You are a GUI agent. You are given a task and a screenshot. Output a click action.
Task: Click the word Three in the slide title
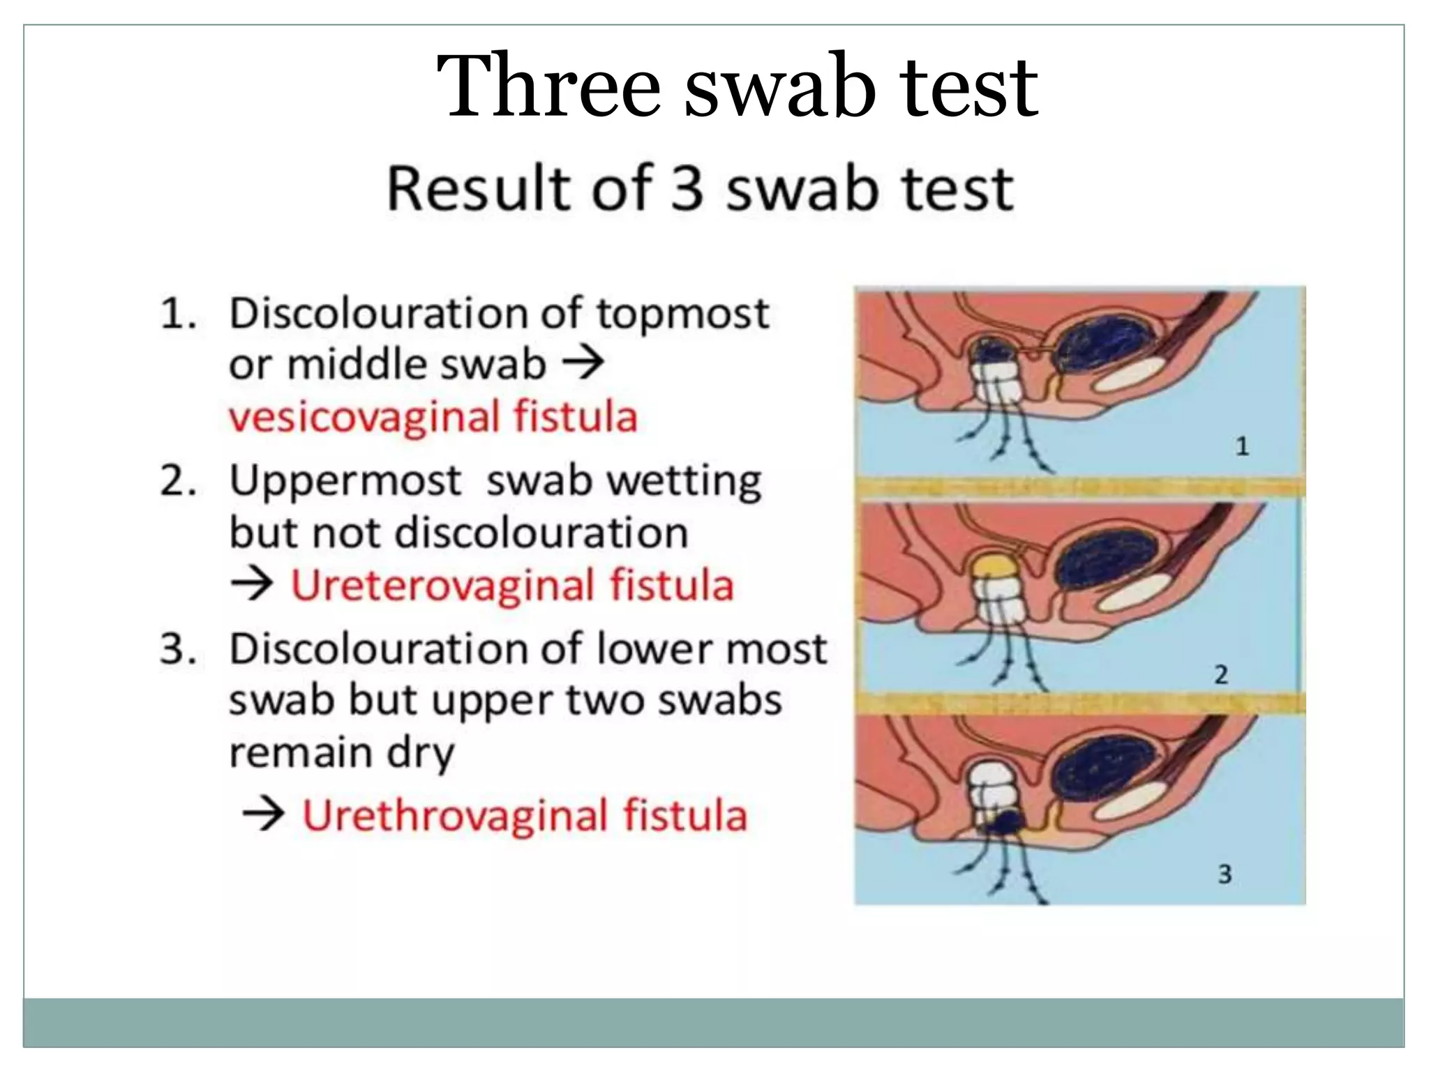[x=548, y=87]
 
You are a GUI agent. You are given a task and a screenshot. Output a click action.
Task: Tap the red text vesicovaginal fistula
[x=433, y=417]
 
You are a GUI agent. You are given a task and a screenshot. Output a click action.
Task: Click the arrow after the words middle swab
[x=583, y=364]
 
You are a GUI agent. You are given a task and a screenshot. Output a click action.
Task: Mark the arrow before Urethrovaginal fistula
[x=263, y=814]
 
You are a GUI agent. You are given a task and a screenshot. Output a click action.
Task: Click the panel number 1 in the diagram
[x=1243, y=446]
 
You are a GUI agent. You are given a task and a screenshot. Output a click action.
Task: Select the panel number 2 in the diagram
[x=1221, y=674]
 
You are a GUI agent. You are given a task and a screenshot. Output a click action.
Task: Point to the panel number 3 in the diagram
[x=1225, y=874]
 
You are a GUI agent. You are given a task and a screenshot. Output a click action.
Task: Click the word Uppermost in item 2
[x=345, y=480]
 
